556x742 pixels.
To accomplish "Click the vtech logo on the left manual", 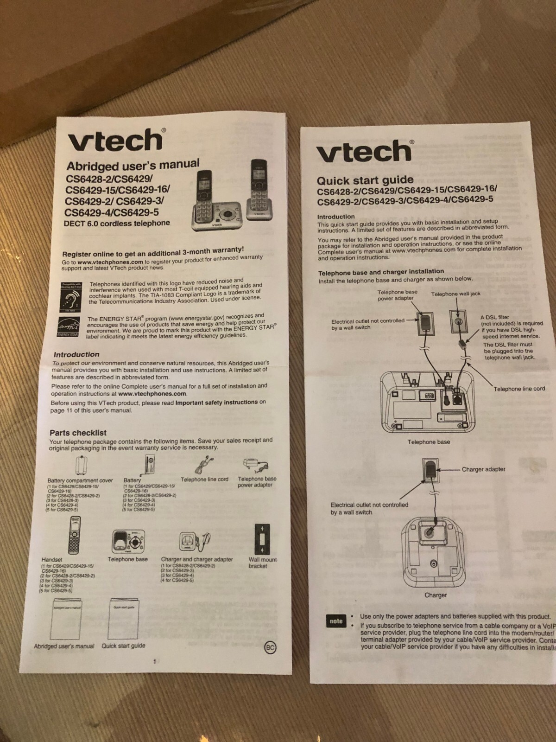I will [x=116, y=140].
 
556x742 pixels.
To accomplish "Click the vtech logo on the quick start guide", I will [x=364, y=151].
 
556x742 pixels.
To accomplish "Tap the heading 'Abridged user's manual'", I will [x=133, y=165].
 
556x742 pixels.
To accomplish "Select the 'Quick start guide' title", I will [x=365, y=180].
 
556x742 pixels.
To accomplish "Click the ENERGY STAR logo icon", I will [x=68, y=326].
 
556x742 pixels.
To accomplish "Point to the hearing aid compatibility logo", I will [x=71, y=296].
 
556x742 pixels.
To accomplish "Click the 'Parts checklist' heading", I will [x=78, y=433].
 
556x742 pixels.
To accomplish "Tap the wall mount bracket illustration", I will [x=262, y=539].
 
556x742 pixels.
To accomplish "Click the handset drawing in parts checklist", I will [x=74, y=535].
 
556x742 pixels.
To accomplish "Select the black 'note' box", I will [x=335, y=621].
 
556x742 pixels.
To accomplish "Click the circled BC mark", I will [x=270, y=648].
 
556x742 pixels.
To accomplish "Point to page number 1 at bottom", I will [x=155, y=662].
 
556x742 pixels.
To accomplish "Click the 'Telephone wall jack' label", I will [x=455, y=294].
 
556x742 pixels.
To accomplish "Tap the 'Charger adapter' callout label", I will [x=483, y=469].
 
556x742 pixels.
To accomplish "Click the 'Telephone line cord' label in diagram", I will [x=519, y=389].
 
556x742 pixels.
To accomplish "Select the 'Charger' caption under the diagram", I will [x=436, y=595].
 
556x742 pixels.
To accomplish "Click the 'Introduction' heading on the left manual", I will [x=76, y=354].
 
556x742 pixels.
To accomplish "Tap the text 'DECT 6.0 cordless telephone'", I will [x=117, y=223].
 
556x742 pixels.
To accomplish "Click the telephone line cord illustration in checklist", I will [x=204, y=465].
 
